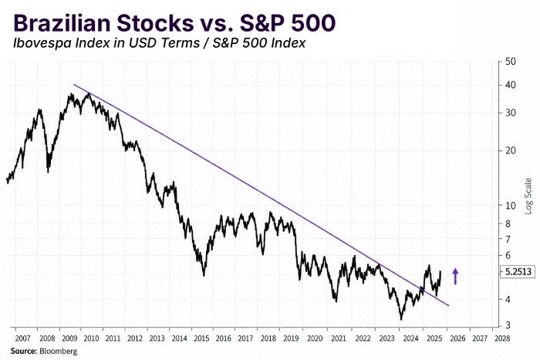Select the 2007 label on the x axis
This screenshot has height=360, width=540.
(x=22, y=338)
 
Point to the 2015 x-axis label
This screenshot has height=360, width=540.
(x=201, y=338)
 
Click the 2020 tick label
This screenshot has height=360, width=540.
(x=315, y=338)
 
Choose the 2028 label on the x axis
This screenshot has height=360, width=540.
(x=501, y=338)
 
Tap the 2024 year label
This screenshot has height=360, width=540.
(x=410, y=338)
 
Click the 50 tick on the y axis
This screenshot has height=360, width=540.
(x=511, y=62)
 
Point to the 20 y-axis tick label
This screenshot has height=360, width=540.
(x=511, y=150)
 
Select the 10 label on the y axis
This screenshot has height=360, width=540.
(x=511, y=206)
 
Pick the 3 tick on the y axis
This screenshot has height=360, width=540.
(x=508, y=325)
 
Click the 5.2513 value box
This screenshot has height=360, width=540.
(x=518, y=271)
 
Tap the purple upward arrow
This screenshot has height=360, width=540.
(x=455, y=276)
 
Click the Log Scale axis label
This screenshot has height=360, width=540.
(x=528, y=196)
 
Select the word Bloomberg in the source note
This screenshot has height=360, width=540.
(x=58, y=351)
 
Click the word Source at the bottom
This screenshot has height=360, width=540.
(x=23, y=351)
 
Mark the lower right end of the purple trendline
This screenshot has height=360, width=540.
(x=448, y=305)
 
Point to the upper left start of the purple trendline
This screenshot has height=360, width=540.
(x=74, y=85)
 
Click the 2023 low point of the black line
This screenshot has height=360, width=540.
(x=401, y=319)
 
